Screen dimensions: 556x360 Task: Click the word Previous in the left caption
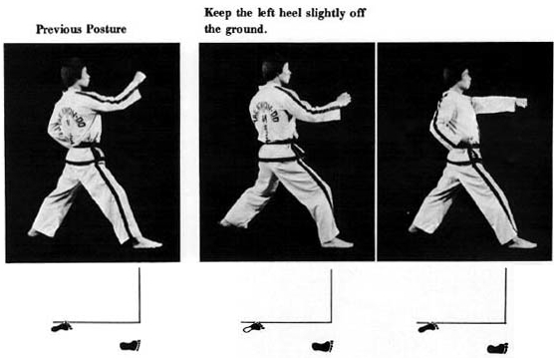point(59,29)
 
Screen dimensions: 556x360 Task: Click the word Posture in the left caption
point(106,29)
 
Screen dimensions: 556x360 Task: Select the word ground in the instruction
point(245,30)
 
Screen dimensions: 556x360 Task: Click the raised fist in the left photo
point(139,78)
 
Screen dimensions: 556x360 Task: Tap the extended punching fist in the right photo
point(521,103)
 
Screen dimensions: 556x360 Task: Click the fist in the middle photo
point(344,100)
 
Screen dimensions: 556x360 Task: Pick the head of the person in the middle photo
point(276,70)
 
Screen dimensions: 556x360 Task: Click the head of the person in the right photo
point(457,81)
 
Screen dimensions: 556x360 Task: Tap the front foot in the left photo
point(147,243)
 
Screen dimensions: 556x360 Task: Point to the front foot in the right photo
point(521,243)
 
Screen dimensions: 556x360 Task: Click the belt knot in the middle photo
point(297,150)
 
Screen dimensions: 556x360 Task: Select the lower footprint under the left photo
point(131,345)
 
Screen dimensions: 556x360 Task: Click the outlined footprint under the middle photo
point(253,327)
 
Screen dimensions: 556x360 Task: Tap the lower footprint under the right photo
point(498,348)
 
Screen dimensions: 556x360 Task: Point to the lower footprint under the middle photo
point(322,346)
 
